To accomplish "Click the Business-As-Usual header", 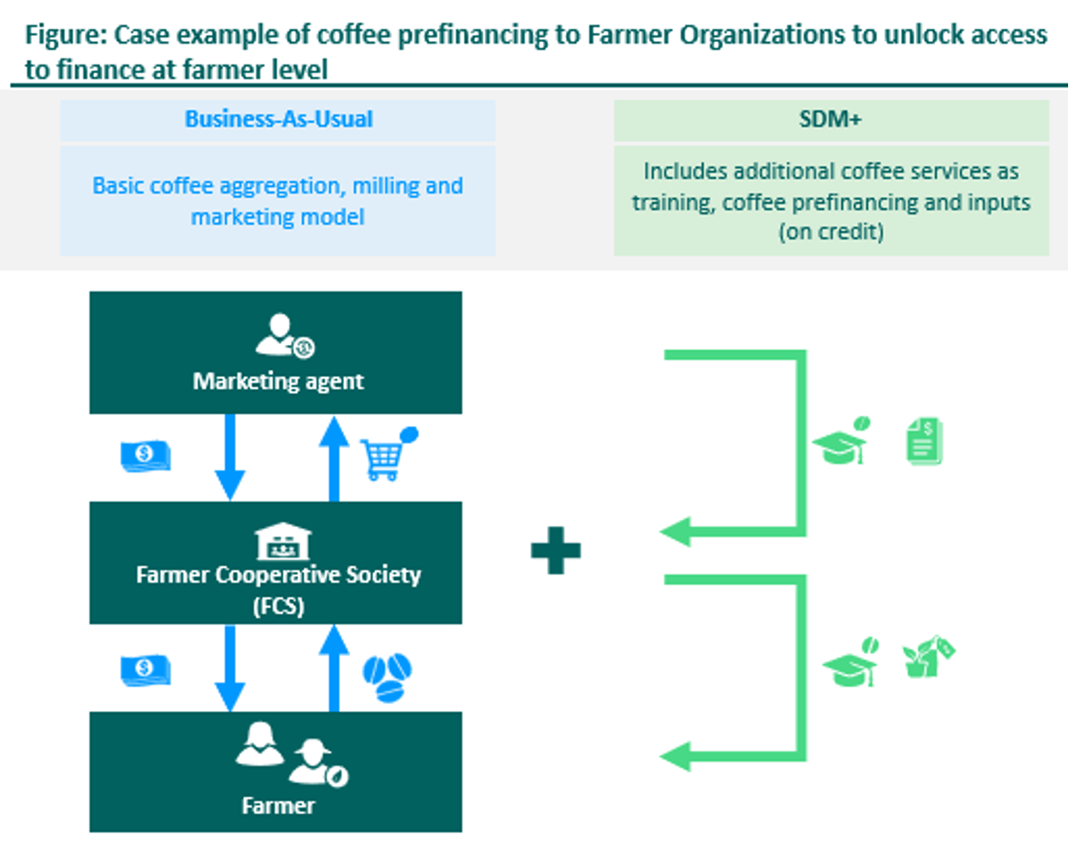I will [278, 120].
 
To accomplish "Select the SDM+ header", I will [830, 120].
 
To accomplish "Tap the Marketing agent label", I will [278, 382].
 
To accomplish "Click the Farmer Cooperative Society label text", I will [278, 574].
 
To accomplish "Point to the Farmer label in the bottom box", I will [278, 806].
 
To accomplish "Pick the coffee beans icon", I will [387, 675].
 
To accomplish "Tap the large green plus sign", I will [555, 548].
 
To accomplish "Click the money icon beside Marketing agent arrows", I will [145, 456].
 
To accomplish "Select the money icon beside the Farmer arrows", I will [145, 670].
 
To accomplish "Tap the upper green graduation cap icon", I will [841, 441].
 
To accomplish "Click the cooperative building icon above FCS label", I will [277, 540].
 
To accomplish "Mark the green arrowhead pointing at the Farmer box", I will [676, 756].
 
